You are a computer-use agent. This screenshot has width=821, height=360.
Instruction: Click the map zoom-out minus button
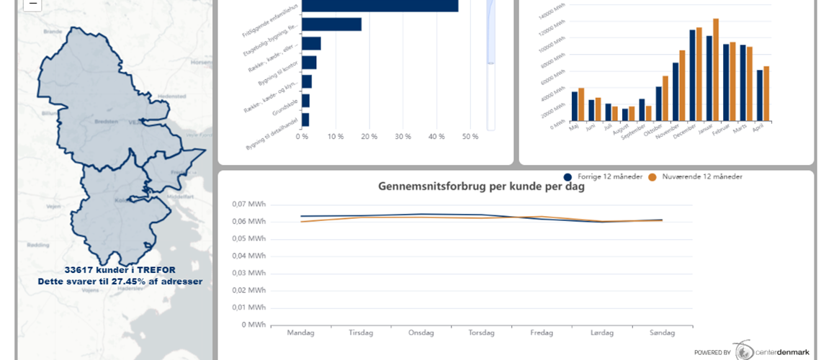pyautogui.click(x=32, y=4)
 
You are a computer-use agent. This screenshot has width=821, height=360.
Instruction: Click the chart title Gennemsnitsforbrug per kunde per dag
pyautogui.click(x=481, y=186)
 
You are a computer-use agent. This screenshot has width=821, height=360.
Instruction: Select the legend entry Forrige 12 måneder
pyautogui.click(x=604, y=176)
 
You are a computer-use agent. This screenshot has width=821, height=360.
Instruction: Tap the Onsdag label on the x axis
pyautogui.click(x=421, y=333)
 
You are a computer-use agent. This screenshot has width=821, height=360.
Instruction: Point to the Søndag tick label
pyautogui.click(x=662, y=333)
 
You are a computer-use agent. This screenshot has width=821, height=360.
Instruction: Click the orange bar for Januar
pyautogui.click(x=716, y=70)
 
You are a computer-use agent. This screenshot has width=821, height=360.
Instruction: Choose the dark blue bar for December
pyautogui.click(x=693, y=75)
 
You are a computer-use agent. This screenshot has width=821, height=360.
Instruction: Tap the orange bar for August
pyautogui.click(x=632, y=113)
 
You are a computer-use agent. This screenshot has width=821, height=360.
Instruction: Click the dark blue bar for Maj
pyautogui.click(x=575, y=106)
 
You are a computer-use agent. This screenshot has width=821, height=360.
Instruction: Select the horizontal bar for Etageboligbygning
pyautogui.click(x=331, y=24)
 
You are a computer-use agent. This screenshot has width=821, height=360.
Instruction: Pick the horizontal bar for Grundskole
pyautogui.click(x=306, y=101)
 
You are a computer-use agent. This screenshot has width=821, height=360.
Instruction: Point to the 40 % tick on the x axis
pyautogui.click(x=436, y=136)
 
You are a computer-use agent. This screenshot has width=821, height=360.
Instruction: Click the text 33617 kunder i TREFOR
pyautogui.click(x=120, y=270)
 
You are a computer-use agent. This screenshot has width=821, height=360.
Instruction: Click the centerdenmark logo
pyautogui.click(x=756, y=351)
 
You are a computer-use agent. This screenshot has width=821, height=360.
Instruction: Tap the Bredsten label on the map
pyautogui.click(x=105, y=122)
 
